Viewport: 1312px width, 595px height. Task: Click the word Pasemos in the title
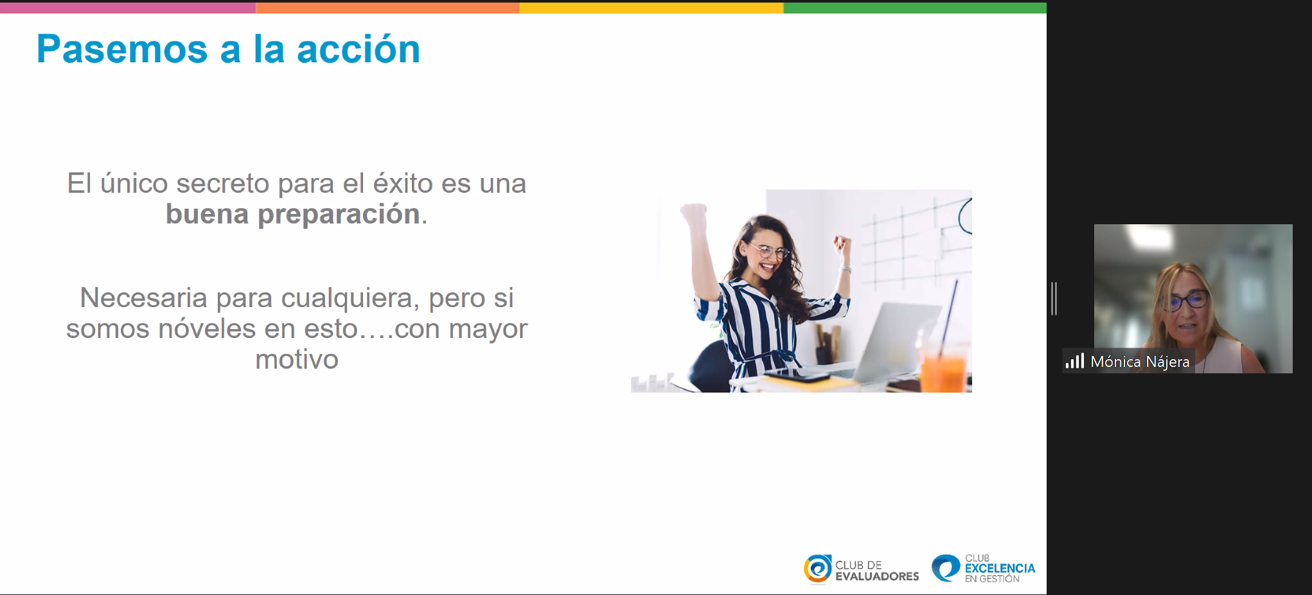122,49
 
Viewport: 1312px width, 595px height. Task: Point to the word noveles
207,328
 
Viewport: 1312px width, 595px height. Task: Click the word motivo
297,359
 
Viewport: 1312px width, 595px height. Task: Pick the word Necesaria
143,297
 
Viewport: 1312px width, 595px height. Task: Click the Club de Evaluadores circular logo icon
817,569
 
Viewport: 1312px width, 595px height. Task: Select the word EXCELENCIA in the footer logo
1000,569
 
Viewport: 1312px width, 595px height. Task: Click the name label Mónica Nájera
1140,362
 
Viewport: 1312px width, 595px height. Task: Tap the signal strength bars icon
1075,360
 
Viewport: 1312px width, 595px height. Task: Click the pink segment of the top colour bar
128,7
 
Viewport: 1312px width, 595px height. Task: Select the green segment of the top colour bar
915,7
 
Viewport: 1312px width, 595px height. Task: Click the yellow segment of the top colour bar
652,7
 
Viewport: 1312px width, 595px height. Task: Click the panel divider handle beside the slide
1054,299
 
